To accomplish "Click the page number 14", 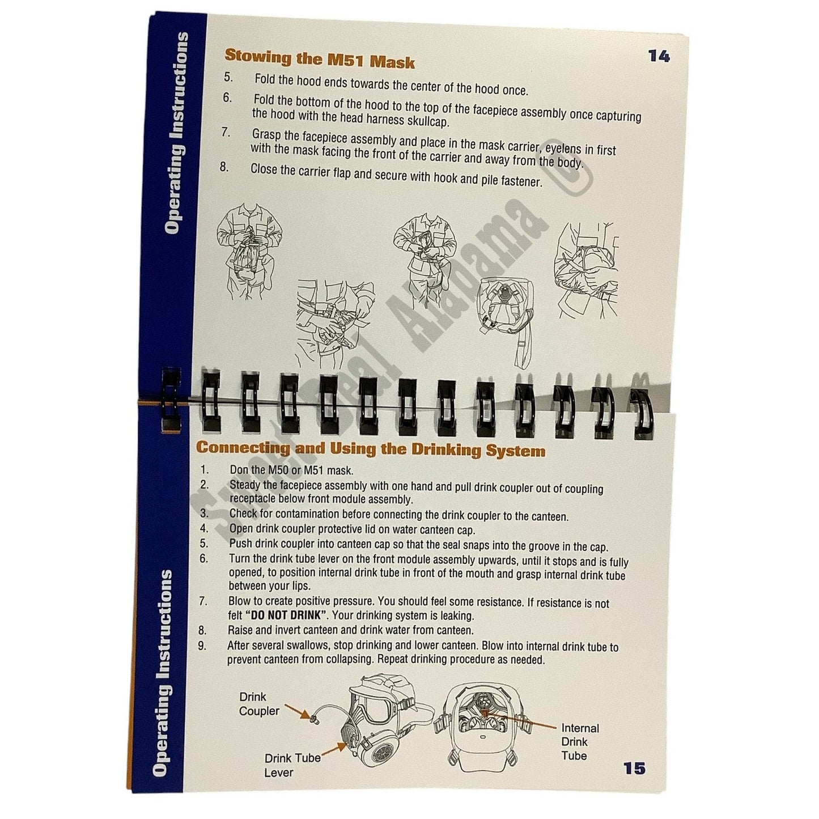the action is (659, 56).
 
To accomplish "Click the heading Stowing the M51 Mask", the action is (320, 58).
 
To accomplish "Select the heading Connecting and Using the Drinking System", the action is (370, 449).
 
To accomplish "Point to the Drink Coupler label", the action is (259, 704).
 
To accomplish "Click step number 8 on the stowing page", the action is (224, 167).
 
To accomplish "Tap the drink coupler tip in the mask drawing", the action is (315, 720).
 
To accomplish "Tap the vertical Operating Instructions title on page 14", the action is (177, 133).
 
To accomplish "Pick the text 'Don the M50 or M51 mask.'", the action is (291, 470).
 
